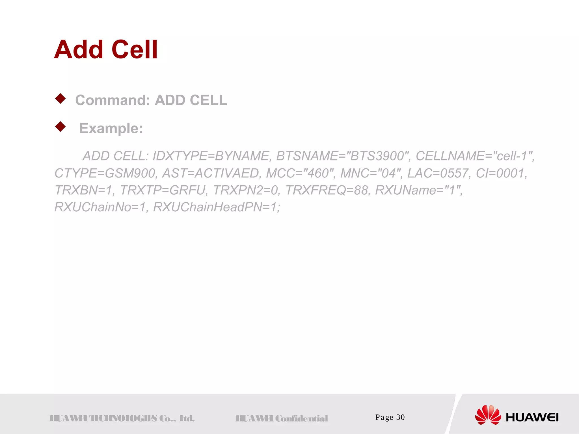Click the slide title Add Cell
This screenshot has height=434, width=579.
[x=106, y=50]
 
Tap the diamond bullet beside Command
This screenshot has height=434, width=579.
[x=61, y=99]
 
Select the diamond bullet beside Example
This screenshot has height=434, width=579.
[x=61, y=127]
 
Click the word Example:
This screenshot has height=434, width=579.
[x=111, y=128]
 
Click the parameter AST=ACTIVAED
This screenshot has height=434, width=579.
[x=211, y=173]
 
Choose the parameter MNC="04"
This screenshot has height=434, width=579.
[x=371, y=173]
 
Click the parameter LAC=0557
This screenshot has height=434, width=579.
[x=438, y=173]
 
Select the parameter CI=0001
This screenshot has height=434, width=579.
[x=501, y=173]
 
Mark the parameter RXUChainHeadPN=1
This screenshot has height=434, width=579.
[x=216, y=207]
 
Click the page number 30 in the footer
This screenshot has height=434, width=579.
[x=400, y=417]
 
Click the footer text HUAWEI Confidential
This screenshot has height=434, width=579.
[x=282, y=418]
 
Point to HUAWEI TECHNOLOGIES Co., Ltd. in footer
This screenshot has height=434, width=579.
[x=122, y=418]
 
